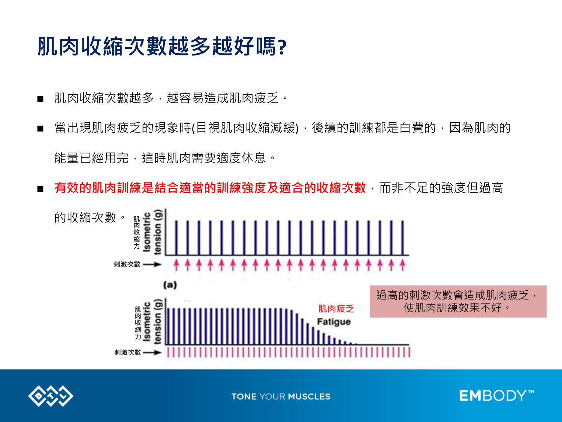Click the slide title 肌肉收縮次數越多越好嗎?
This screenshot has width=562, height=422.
pyautogui.click(x=162, y=46)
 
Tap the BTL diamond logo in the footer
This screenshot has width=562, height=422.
pyautogui.click(x=51, y=396)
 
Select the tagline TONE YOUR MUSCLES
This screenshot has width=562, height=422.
pyautogui.click(x=281, y=396)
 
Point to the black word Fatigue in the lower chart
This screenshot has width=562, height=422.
pyautogui.click(x=334, y=322)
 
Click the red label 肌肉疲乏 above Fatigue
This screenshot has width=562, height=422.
pyautogui.click(x=336, y=308)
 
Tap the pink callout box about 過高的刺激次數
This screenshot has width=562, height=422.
pyautogui.click(x=458, y=301)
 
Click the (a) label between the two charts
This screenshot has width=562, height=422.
pyautogui.click(x=170, y=285)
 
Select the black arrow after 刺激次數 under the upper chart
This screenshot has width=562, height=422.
pyautogui.click(x=152, y=264)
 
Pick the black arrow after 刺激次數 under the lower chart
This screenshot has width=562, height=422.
pyautogui.click(x=152, y=353)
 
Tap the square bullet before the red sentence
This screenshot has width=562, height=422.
pyautogui.click(x=40, y=189)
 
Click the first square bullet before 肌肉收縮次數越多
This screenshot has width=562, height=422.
pyautogui.click(x=40, y=99)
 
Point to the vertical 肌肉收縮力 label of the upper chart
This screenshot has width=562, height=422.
pyautogui.click(x=137, y=233)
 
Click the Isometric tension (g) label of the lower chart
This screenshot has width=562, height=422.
pyautogui.click(x=153, y=322)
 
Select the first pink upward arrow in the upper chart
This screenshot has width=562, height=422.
pyautogui.click(x=176, y=265)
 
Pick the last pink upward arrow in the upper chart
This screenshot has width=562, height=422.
pyautogui.click(x=402, y=265)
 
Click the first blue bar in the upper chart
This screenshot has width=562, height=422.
pyautogui.click(x=176, y=238)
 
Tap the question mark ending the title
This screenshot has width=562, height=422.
pyautogui.click(x=282, y=48)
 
